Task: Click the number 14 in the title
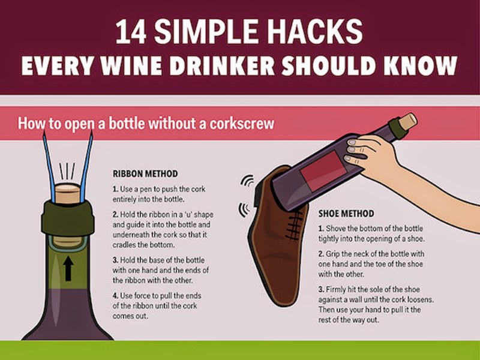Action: pos(131,32)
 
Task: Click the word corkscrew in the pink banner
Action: pos(242,124)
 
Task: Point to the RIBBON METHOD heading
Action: pos(145,173)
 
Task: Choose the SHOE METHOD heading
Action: pos(346,214)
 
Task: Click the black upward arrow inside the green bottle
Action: pos(68,268)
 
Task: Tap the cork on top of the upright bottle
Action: pos(68,193)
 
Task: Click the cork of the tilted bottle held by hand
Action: pos(407,122)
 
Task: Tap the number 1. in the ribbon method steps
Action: pos(115,189)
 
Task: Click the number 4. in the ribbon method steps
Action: pos(115,296)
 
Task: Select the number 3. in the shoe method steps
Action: pos(321,289)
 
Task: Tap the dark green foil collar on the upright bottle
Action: pos(68,218)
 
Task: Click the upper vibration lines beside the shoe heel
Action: pos(247,181)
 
